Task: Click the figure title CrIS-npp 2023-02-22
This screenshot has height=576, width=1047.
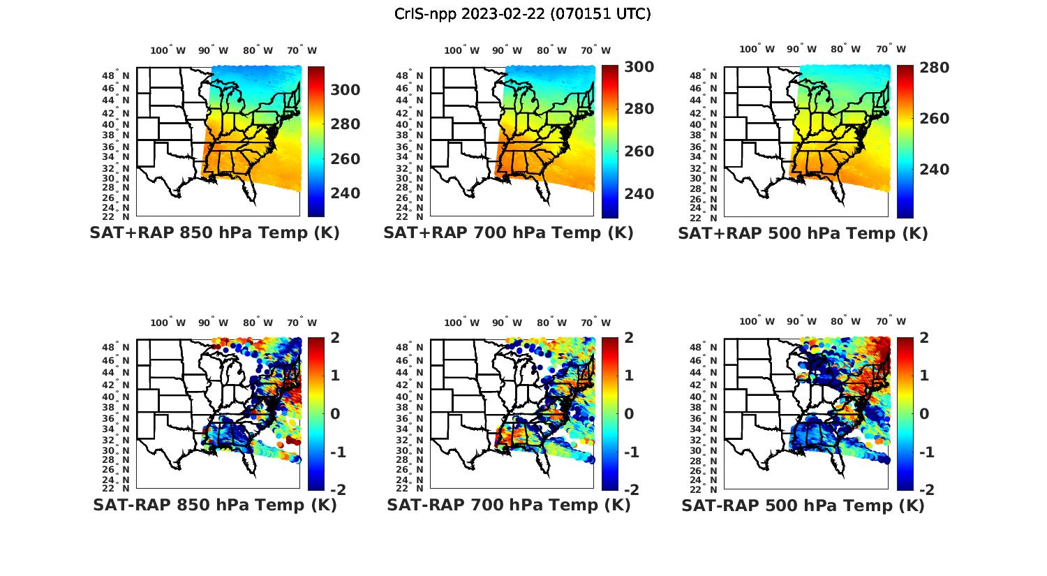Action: point(523,14)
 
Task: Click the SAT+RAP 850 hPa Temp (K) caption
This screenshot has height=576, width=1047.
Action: point(214,233)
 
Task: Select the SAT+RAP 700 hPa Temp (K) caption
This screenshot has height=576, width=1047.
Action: point(508,233)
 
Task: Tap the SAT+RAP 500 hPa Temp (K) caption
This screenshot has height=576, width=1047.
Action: point(803,233)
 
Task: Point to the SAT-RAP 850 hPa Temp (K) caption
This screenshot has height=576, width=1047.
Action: point(214,505)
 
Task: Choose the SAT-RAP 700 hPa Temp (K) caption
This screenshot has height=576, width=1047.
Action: point(508,505)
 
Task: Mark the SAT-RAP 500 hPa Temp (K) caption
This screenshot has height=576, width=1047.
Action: point(803,505)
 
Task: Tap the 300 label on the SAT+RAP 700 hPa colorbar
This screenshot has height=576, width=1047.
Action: point(639,67)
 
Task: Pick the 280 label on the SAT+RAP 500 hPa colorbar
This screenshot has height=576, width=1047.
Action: point(935,68)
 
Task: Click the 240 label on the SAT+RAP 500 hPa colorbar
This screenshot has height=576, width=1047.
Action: point(935,170)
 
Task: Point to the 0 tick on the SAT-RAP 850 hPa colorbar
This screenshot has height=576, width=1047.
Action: point(334,413)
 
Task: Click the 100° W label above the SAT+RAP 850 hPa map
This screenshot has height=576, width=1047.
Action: point(168,50)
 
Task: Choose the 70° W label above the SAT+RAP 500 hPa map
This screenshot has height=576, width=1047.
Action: point(891,49)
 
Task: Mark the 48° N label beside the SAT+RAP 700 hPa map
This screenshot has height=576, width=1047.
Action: point(414,75)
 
